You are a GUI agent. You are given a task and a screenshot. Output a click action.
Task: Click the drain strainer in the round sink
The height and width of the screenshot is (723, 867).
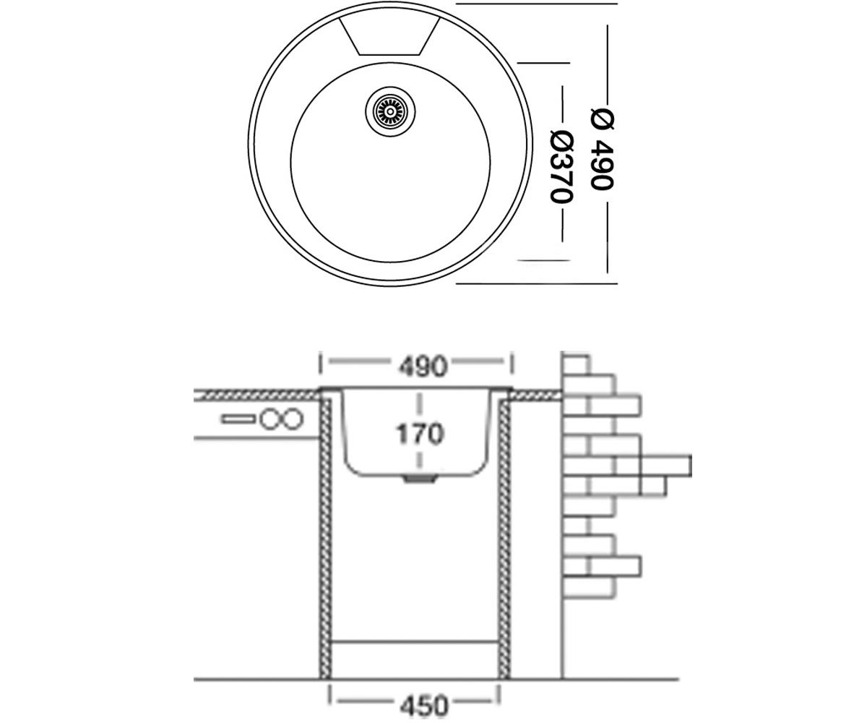tap(390, 111)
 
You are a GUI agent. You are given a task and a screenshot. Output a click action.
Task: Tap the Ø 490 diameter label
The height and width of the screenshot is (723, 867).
tap(602, 150)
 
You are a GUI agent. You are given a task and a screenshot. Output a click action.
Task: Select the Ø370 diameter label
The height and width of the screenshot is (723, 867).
tap(562, 167)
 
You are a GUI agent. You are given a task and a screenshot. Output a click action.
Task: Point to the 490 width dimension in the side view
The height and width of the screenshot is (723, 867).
tap(422, 367)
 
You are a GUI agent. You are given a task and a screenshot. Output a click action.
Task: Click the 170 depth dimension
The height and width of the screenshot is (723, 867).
tap(420, 434)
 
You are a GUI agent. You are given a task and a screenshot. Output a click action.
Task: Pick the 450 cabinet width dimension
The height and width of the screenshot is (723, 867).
tap(424, 706)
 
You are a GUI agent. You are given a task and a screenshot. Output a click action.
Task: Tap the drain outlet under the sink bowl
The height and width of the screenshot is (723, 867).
tap(420, 479)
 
